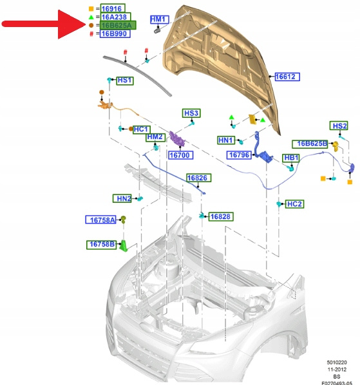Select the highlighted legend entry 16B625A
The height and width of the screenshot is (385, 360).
118,25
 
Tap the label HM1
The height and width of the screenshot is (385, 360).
159,19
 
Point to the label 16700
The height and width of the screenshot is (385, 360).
181,155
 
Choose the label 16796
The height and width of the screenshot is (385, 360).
239,155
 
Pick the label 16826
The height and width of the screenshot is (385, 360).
198,178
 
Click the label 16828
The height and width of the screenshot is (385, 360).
221,216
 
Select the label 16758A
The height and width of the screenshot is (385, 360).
100,220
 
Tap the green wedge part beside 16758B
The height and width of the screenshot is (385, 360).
124,246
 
